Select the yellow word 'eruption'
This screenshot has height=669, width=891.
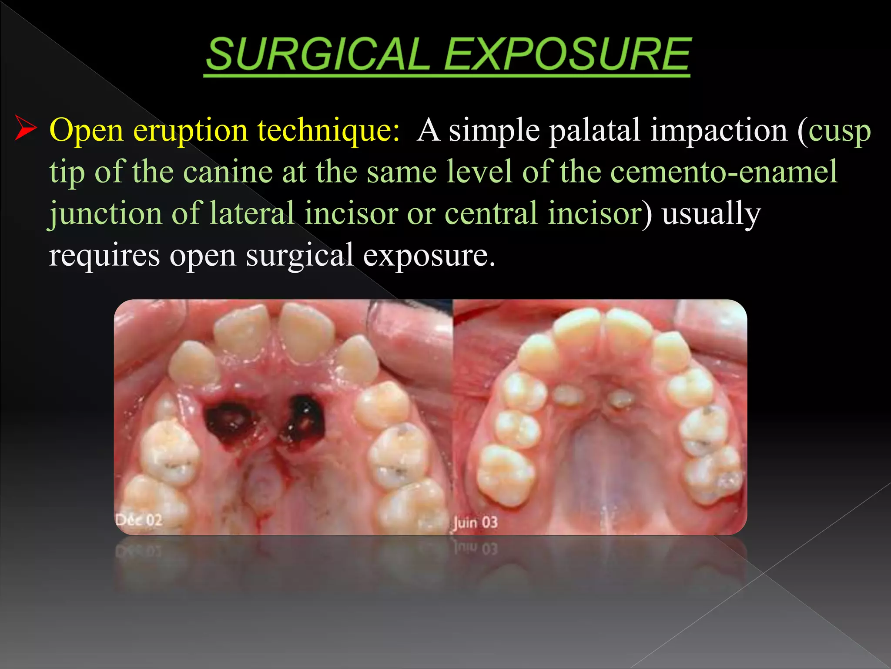coord(191,130)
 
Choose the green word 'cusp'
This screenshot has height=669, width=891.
coord(840,131)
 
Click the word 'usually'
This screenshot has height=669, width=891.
coord(711,213)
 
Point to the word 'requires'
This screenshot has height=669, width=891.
coord(104,255)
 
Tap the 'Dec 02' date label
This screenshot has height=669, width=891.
coord(139,520)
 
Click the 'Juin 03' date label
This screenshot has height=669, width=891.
coord(476,522)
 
